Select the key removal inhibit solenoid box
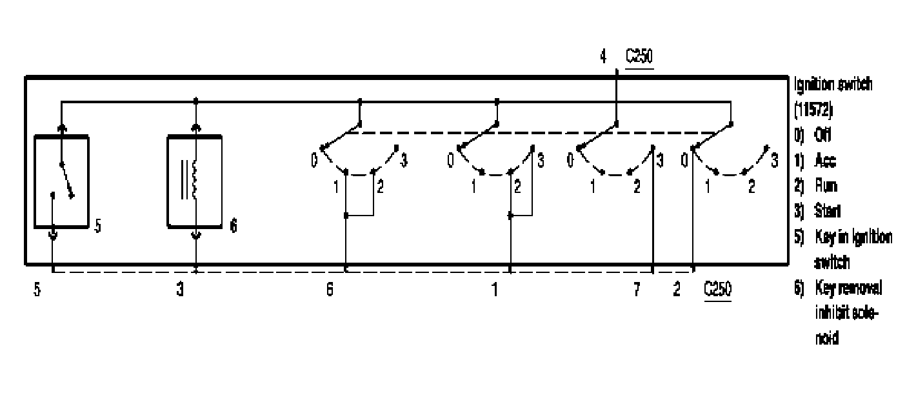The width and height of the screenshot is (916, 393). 195,181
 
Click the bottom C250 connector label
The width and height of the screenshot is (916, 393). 718,290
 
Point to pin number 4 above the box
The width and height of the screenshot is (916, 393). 603,57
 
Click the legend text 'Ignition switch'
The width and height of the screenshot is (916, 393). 833,85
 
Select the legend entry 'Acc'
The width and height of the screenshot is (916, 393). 821,162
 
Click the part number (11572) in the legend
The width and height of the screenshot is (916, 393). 815,111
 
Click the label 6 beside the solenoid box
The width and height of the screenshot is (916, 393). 234,227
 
